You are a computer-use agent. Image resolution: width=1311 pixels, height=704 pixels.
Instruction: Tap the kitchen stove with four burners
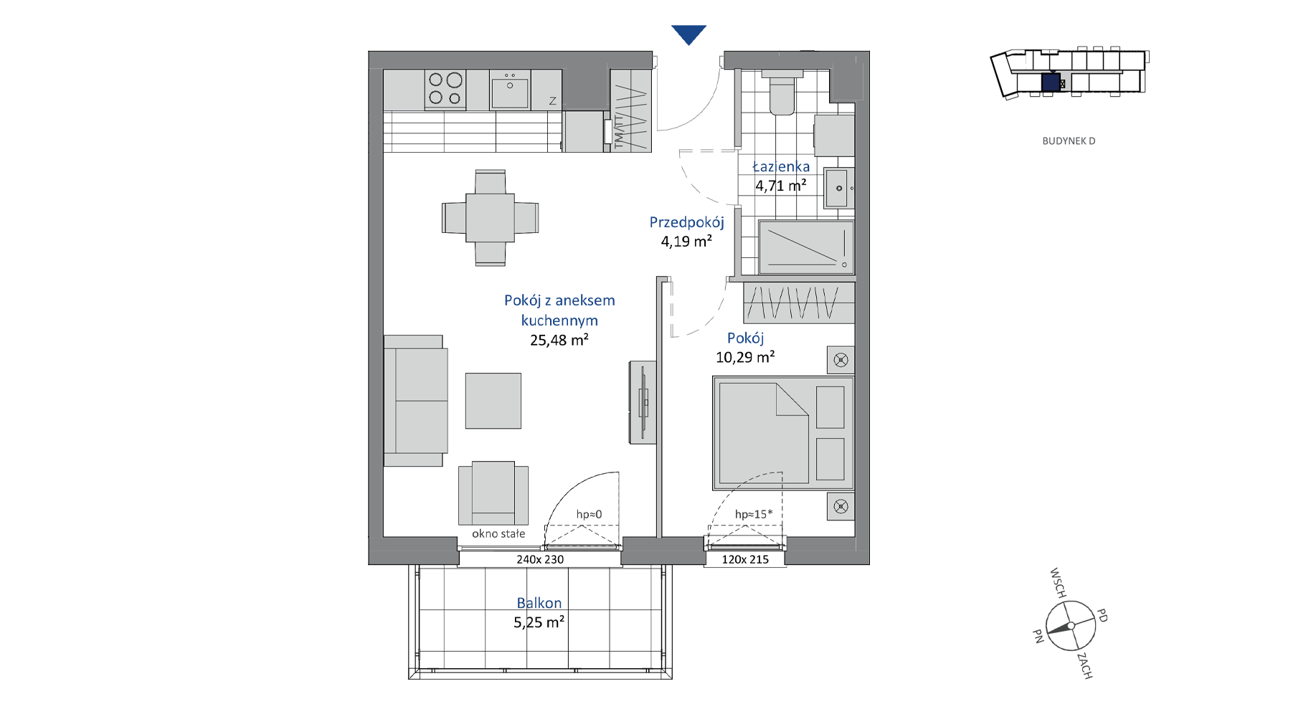(445, 89)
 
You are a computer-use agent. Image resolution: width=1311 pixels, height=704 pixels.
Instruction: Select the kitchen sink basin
(510, 92)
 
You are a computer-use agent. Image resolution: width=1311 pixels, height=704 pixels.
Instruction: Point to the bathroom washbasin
(838, 188)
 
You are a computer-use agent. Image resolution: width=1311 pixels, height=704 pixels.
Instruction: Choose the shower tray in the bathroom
(806, 247)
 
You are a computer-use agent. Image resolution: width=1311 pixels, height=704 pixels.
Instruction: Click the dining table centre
(490, 218)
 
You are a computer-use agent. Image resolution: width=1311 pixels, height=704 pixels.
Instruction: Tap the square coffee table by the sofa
(493, 401)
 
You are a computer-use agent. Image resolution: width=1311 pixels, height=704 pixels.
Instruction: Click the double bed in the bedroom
(783, 433)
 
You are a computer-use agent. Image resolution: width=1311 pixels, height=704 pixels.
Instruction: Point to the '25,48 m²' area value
(559, 340)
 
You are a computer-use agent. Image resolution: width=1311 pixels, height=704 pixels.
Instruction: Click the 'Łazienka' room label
(781, 166)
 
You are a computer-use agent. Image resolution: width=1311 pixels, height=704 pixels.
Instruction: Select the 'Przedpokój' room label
(686, 223)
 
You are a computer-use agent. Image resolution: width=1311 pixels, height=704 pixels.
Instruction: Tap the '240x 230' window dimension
(540, 559)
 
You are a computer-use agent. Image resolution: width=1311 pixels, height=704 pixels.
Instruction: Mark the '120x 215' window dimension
(745, 559)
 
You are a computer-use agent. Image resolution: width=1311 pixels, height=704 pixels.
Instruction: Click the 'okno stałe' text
(498, 533)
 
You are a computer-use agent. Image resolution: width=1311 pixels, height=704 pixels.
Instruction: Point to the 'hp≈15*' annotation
(754, 514)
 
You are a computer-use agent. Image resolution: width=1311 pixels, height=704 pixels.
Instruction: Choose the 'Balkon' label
(539, 603)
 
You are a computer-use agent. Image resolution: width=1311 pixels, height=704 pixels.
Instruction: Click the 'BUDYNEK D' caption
(1069, 141)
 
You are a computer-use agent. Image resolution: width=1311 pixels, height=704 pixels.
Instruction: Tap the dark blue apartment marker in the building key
(1051, 82)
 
